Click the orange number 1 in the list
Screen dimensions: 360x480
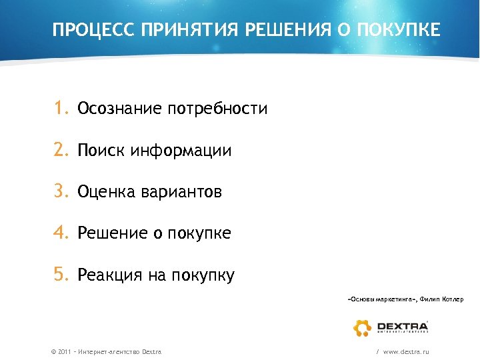61,109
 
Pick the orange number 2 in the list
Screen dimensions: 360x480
61,151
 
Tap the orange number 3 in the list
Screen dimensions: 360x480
61,192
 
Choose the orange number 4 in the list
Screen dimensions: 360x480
61,233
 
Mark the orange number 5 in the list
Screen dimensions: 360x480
61,275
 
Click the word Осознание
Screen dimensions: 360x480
119,109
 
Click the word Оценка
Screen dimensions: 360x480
107,193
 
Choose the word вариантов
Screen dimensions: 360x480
181,193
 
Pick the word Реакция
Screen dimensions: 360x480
109,275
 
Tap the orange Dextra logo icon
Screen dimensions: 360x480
363,327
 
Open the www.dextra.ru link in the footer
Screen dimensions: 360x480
406,351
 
